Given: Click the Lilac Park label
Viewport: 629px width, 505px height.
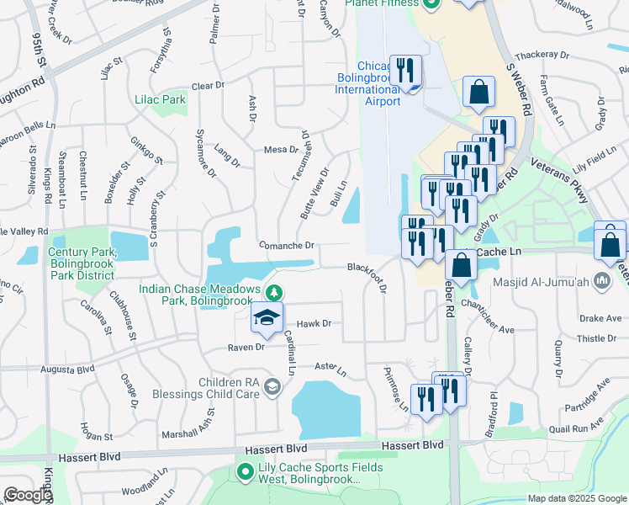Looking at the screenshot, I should (160, 99).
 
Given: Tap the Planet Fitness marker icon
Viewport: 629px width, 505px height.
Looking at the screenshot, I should (431, 3).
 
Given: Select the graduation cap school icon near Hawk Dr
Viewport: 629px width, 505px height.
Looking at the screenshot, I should (267, 317).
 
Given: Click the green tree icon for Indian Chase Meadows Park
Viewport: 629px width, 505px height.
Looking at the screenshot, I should (273, 292).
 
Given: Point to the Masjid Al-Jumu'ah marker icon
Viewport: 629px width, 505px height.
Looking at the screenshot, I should (601, 280).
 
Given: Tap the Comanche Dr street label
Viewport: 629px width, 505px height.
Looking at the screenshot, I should (286, 246).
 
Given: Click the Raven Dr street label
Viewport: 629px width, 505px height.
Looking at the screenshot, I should (246, 347).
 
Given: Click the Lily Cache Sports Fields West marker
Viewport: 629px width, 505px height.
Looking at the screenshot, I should (246, 472).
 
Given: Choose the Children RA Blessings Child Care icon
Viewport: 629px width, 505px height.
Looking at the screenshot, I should (272, 386).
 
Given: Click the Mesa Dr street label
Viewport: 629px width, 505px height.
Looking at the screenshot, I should (282, 150).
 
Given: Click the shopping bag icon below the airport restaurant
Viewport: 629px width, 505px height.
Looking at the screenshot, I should (478, 95).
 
